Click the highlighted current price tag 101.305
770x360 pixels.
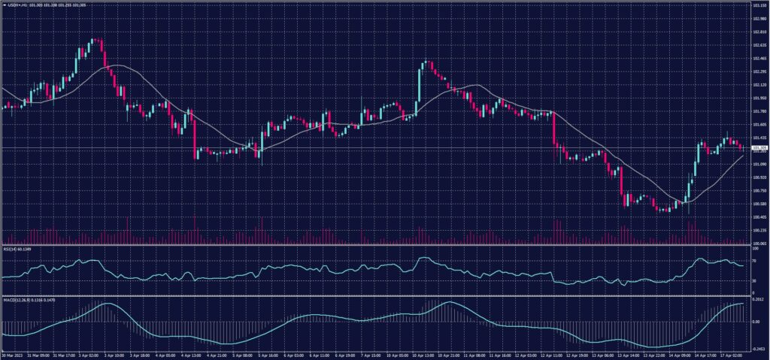tap(757, 148)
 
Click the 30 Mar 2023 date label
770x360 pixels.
tap(13, 354)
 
